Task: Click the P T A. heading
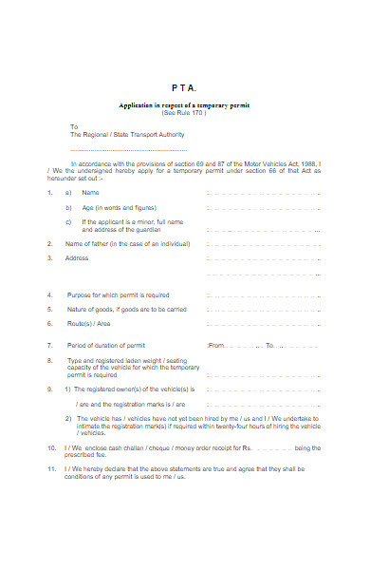(x=184, y=87)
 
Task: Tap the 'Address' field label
(x=77, y=257)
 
